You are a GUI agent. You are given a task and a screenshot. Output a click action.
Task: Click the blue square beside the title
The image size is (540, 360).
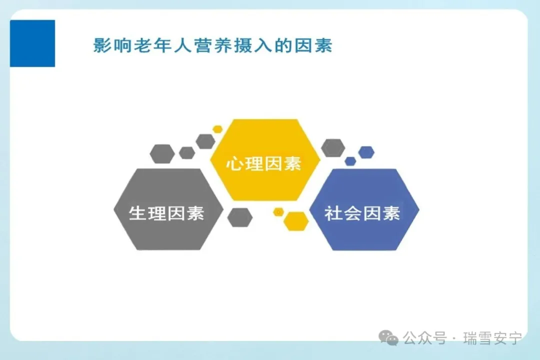point(32,43)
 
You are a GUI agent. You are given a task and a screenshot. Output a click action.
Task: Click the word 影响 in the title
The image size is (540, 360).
point(112,45)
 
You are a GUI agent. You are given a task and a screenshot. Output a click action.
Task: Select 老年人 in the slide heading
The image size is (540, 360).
point(162,45)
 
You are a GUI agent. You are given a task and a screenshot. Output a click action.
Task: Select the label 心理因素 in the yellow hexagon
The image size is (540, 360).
point(264,163)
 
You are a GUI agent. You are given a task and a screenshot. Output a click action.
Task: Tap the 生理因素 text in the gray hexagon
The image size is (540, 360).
point(166,213)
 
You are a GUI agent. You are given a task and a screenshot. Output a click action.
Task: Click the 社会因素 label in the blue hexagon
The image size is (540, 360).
point(362,213)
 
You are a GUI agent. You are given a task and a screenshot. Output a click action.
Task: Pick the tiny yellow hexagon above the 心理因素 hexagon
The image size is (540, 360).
point(217,129)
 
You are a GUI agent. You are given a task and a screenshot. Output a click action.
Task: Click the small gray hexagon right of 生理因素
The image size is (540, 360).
point(240,217)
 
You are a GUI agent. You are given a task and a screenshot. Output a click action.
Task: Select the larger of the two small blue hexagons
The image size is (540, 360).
point(366,152)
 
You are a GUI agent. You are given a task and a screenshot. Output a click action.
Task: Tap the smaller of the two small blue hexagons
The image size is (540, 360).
point(350,161)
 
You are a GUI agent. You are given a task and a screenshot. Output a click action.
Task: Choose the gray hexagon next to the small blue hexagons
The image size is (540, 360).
point(333,148)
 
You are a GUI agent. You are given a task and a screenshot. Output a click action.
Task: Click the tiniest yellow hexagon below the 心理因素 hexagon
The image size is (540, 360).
point(278,212)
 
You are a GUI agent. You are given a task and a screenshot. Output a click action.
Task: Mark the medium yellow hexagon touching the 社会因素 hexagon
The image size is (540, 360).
point(296,221)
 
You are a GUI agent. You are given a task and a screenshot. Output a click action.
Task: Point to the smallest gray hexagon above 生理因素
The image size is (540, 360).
point(187,152)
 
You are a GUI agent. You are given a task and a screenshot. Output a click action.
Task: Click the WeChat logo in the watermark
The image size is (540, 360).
point(388,337)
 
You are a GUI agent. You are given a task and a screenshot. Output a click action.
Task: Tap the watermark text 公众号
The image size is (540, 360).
point(425,338)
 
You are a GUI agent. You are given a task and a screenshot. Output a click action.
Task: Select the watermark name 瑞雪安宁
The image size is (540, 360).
point(493,338)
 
